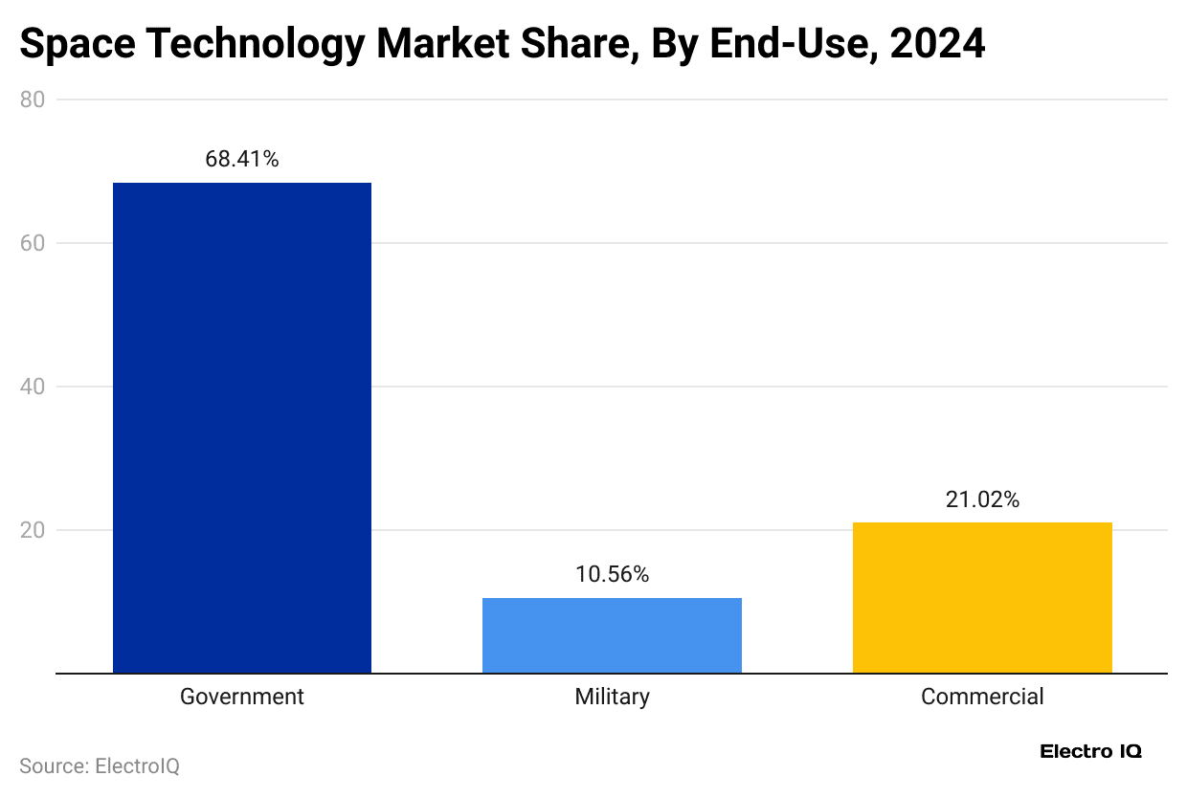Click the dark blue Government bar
(242, 428)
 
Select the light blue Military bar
(612, 635)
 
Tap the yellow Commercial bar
(982, 597)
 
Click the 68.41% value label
(242, 160)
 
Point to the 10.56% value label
(612, 574)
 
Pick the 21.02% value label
(982, 499)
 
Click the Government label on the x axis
(242, 697)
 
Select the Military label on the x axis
(612, 697)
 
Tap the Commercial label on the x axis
(982, 697)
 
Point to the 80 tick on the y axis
(33, 100)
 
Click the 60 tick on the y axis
(33, 243)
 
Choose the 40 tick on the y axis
(33, 387)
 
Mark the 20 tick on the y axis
(33, 530)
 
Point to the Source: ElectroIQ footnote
(100, 766)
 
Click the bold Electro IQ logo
(1090, 752)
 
